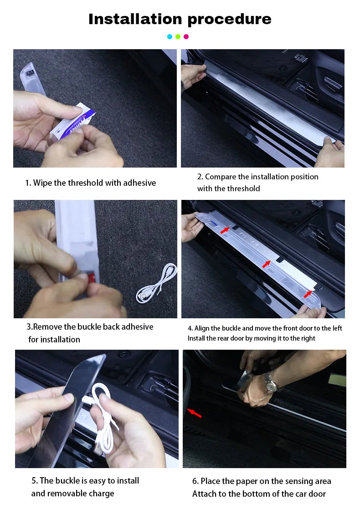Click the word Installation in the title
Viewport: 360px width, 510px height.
click(x=135, y=19)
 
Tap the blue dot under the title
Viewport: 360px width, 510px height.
click(x=170, y=37)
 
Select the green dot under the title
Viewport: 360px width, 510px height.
click(x=178, y=37)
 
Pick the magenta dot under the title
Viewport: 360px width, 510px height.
click(x=186, y=37)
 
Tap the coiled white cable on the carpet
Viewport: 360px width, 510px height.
click(x=157, y=283)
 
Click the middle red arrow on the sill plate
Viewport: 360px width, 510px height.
click(x=266, y=264)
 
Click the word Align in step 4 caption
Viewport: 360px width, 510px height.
click(x=202, y=328)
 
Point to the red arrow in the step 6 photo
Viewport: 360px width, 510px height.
click(x=195, y=413)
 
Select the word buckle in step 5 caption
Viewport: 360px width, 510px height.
click(x=67, y=481)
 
